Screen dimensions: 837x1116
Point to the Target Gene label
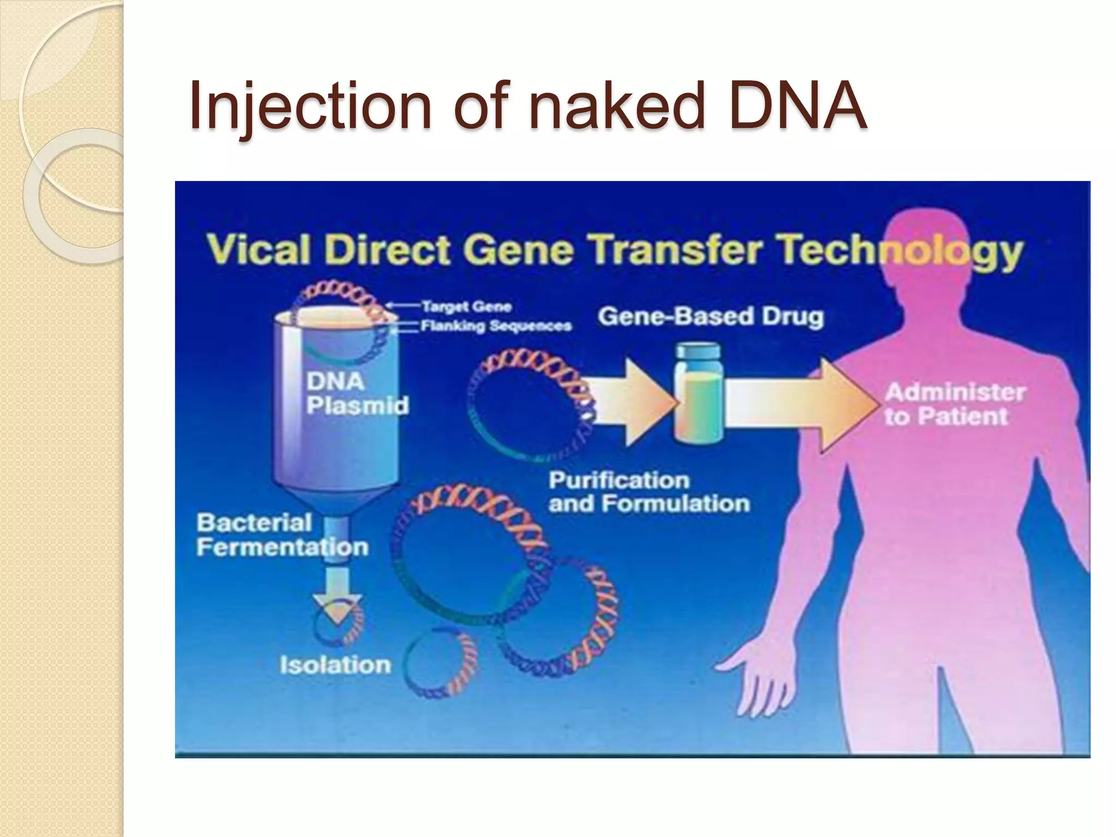466,306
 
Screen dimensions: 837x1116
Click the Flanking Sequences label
496,326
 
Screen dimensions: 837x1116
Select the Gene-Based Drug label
710,316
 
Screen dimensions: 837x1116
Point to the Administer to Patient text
954,404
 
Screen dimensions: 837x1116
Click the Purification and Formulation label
648,492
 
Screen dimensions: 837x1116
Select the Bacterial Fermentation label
282,535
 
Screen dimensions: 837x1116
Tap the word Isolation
335,665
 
